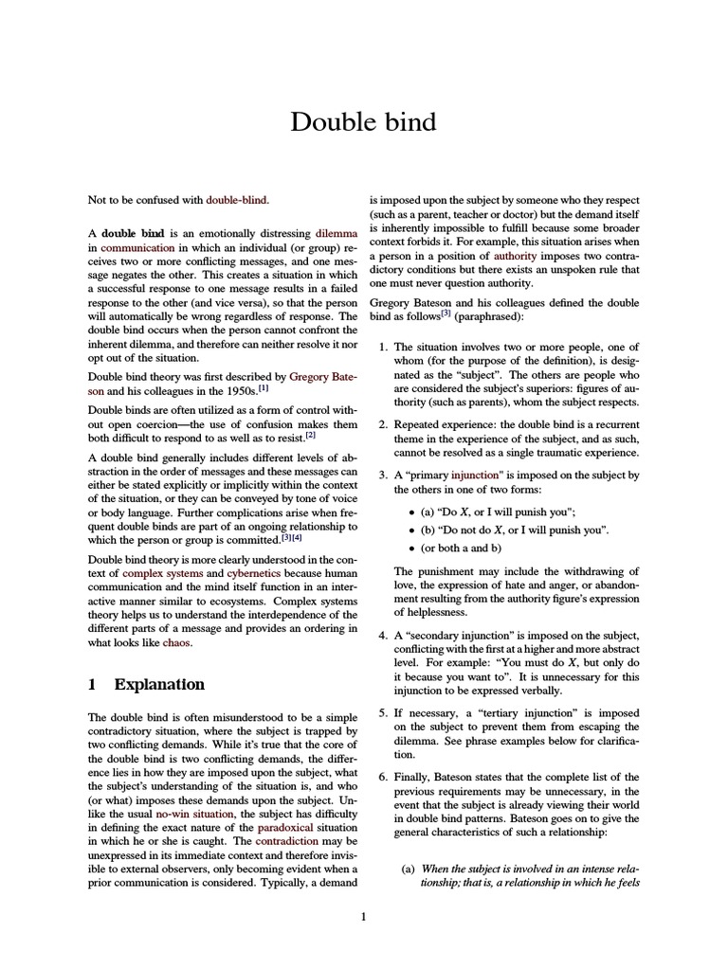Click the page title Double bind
[363, 122]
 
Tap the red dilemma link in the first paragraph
[337, 232]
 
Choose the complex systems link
[160, 574]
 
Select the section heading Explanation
[158, 684]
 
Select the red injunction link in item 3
[478, 475]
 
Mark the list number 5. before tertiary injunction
[382, 711]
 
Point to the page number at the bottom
[363, 916]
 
